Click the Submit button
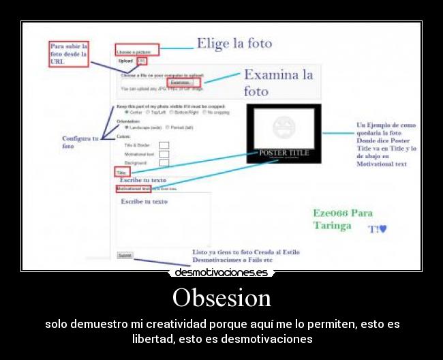[125, 255]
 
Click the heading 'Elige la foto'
[234, 44]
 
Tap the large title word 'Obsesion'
[221, 297]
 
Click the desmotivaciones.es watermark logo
[221, 273]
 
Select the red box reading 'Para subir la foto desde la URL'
[69, 54]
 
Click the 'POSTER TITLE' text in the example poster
[284, 153]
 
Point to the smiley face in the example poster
[284, 128]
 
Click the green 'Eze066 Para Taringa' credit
[342, 219]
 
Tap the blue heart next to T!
[383, 229]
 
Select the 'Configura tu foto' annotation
[80, 142]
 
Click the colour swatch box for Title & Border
[164, 145]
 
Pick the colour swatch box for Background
[164, 163]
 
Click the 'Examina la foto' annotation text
[278, 82]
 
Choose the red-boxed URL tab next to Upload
[142, 61]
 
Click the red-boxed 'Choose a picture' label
[137, 50]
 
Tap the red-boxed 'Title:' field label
[122, 173]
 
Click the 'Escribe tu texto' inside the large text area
[144, 201]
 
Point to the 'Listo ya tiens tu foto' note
[245, 256]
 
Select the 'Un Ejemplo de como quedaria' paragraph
[386, 145]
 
